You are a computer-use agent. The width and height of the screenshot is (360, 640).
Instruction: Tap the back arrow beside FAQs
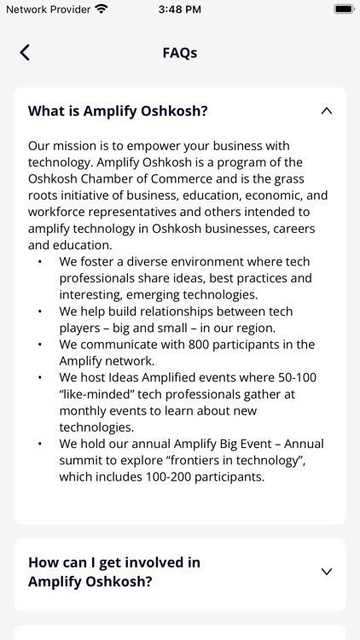[25, 53]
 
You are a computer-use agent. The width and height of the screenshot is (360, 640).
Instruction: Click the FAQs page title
[180, 53]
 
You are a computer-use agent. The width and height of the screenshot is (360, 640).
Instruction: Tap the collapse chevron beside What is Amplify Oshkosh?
[326, 111]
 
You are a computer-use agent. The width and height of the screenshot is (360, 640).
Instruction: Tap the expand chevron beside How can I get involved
[326, 572]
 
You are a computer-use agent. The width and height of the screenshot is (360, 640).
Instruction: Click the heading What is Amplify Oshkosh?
[118, 111]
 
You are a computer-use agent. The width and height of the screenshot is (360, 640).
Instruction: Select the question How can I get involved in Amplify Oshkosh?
[114, 572]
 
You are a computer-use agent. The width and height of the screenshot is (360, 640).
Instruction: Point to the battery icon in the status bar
[344, 9]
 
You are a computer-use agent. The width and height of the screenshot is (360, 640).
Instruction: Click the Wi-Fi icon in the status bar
[102, 9]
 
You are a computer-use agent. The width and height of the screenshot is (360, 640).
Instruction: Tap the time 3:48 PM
[180, 9]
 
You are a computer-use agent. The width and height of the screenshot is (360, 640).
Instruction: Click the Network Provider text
[48, 9]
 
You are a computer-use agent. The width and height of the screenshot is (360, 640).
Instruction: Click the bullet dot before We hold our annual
[40, 444]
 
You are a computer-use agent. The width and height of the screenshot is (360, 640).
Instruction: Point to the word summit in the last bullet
[79, 460]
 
